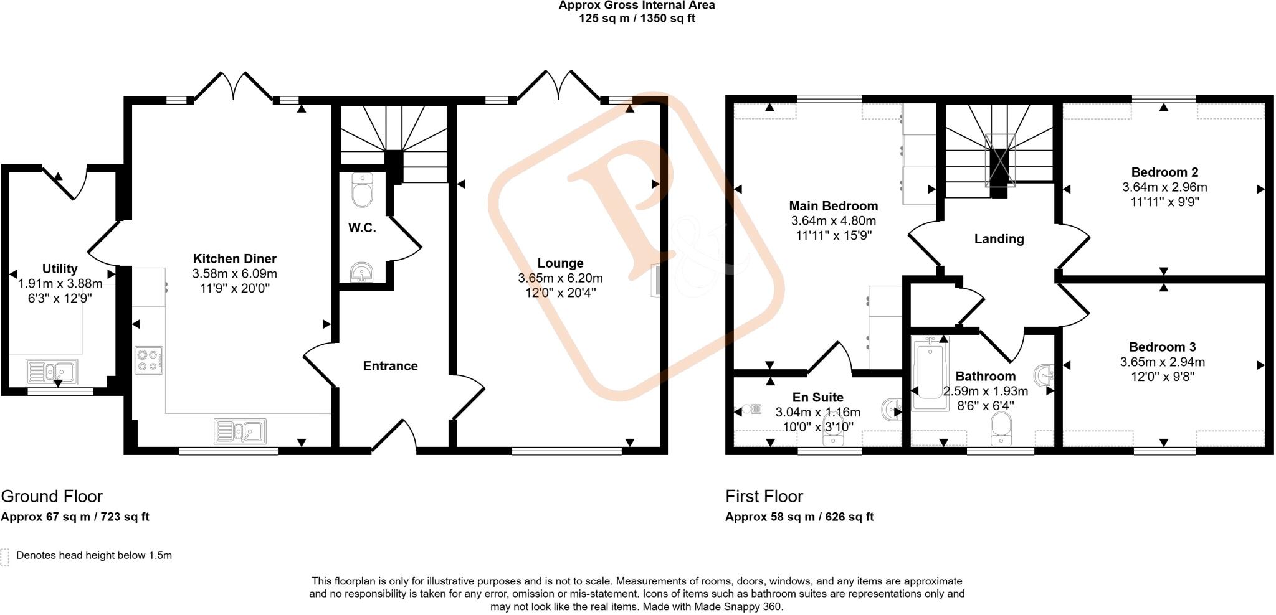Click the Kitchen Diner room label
[234, 258]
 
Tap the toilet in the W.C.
[362, 190]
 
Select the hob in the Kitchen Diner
[149, 360]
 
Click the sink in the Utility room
[52, 372]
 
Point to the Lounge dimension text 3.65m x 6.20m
[560, 278]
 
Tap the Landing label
[999, 238]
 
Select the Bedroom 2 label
[1164, 172]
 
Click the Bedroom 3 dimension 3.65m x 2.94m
[1162, 362]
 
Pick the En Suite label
[817, 397]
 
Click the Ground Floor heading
[52, 496]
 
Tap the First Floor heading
[764, 496]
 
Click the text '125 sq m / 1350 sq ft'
[637, 18]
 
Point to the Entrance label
[390, 366]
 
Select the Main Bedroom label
[833, 205]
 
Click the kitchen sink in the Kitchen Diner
[240, 431]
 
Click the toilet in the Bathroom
[1001, 429]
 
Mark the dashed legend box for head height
[5, 556]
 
